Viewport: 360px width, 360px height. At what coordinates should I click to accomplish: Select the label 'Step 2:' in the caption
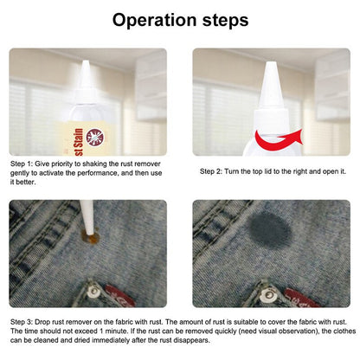coord(213,171)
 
